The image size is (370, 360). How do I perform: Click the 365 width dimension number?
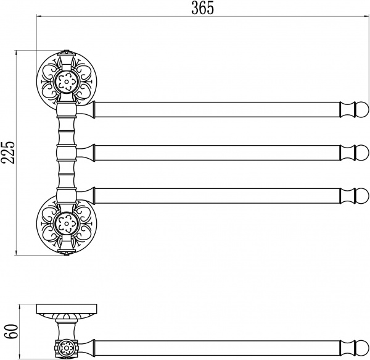202,8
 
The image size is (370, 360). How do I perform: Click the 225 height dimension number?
7,153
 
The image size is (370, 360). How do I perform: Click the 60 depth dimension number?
11,331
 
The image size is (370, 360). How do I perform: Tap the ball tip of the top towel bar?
362,110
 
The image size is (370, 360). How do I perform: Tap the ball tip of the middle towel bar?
362,153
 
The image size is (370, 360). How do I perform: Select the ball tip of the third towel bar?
362,196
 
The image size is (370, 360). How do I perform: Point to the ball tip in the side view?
362,348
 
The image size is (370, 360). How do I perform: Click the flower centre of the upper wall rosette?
67,82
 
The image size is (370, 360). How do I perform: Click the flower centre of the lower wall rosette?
67,223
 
